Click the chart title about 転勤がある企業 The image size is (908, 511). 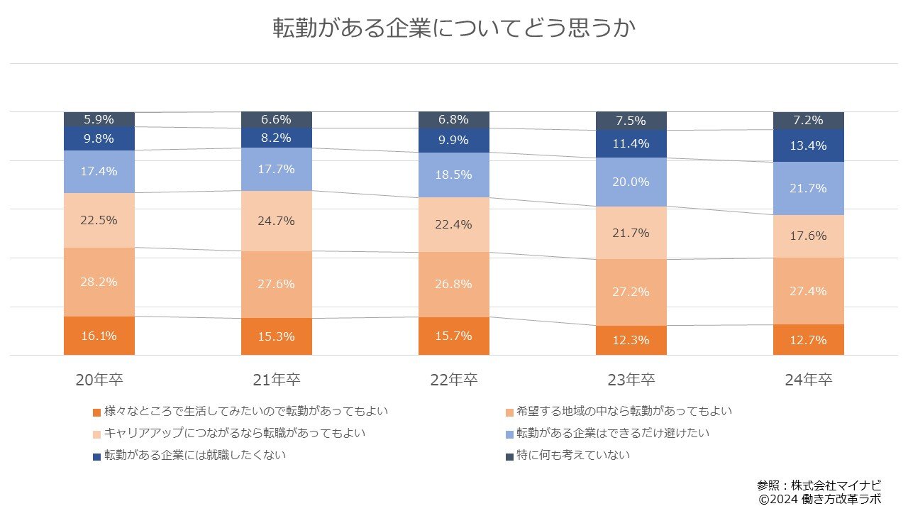coord(454,28)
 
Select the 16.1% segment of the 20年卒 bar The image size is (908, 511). coord(99,336)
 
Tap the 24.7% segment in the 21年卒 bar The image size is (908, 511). coord(277,221)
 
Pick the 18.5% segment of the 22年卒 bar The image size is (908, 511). coord(454,175)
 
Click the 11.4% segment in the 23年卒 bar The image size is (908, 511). coord(631,144)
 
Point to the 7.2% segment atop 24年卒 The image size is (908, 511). coord(809,121)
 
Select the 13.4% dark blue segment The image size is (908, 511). coord(809,145)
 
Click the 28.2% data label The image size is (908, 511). coord(99,281)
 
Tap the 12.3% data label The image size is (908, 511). coord(631,340)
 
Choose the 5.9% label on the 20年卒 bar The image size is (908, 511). coord(99,119)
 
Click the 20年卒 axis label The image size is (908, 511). coord(99,380)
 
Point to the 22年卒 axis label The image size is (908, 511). coord(454,380)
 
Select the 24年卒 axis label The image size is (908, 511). coord(809,380)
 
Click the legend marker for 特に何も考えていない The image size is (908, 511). coord(509,456)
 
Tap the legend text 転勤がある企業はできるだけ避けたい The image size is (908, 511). coord(613,433)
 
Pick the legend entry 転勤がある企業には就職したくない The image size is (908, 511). coord(195,456)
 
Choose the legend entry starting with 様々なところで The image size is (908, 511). coord(245,412)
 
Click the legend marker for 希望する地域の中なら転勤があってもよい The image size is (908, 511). coord(509,412)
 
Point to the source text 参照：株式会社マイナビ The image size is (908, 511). coord(819,485)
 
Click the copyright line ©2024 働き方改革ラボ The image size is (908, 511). coord(819,500)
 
